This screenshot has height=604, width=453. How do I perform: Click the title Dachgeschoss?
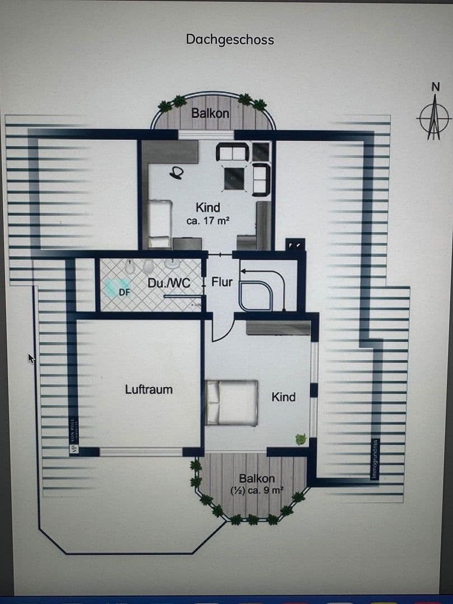tap(230, 40)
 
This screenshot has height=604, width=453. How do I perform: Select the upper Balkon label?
tap(210, 113)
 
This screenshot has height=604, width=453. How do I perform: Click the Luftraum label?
tap(149, 389)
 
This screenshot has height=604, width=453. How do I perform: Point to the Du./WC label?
tap(169, 283)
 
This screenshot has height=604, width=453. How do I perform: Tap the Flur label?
tap(222, 282)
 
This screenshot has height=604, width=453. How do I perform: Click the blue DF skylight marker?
tap(124, 291)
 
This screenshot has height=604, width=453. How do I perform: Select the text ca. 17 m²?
tap(207, 221)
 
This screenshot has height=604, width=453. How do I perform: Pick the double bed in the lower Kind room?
tap(232, 402)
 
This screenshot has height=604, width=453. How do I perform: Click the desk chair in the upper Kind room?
tap(177, 174)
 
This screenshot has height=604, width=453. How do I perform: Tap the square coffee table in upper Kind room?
tap(234, 178)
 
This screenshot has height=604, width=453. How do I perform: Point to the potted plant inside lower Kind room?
tap(301, 439)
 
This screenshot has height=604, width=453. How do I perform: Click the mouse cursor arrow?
tap(31, 358)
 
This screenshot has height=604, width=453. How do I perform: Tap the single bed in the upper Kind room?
tap(159, 224)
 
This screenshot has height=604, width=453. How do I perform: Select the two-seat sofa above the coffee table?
tap(232, 152)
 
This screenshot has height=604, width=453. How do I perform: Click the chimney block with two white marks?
tap(295, 245)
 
